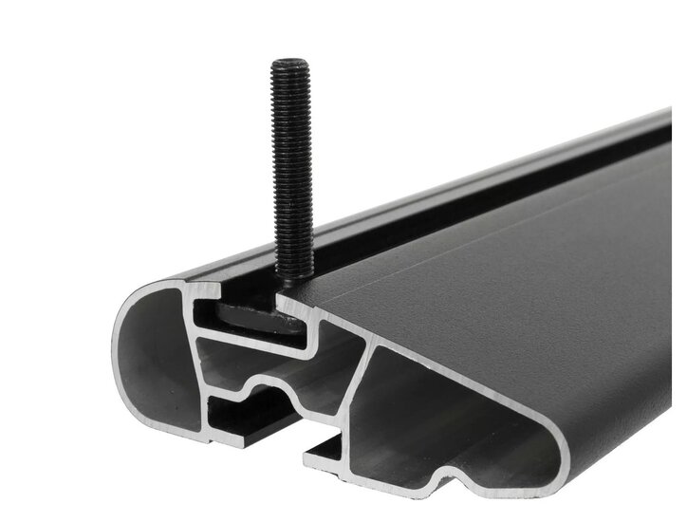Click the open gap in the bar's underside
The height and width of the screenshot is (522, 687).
tap(285, 432)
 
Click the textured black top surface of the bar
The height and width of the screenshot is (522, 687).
tap(493, 256)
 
